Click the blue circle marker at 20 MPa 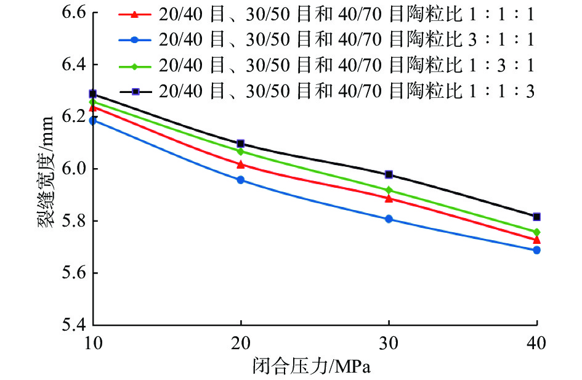point(241,180)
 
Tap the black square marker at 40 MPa point(536,217)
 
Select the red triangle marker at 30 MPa point(389,198)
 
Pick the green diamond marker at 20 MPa point(241,152)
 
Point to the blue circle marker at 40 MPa point(536,250)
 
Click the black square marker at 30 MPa point(389,174)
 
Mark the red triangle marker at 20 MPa point(241,164)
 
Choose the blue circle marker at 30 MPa point(389,219)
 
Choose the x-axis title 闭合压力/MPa point(315,367)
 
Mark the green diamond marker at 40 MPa point(536,232)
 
